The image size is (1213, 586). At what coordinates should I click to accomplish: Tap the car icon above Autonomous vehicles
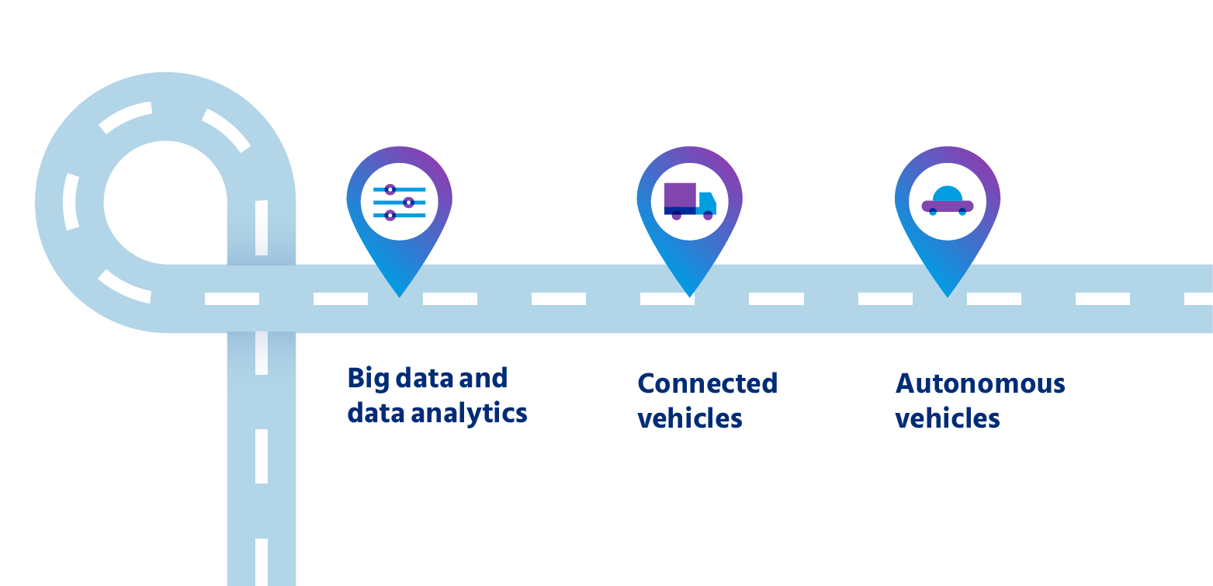(947, 200)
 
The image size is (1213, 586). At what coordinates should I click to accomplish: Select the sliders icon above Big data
(399, 203)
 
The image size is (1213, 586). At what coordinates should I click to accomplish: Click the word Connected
(707, 383)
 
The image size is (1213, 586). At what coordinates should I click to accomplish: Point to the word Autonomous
(980, 383)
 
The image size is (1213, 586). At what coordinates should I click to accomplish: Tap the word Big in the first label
(368, 379)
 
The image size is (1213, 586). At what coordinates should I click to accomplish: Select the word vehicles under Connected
(690, 418)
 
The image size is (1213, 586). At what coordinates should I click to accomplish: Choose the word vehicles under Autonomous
(948, 418)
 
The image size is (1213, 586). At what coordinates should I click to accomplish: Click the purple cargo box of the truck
(680, 196)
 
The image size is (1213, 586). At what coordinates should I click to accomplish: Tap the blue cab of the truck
(707, 203)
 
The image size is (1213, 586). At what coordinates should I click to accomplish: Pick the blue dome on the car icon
(947, 193)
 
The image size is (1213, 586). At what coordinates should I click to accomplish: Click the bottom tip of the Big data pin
(400, 296)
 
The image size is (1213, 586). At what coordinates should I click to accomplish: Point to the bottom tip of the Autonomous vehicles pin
(948, 296)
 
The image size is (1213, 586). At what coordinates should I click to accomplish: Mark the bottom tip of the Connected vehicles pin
(689, 296)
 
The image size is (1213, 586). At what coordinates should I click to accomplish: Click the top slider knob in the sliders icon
(390, 189)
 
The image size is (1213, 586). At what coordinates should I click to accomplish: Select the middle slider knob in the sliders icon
(409, 203)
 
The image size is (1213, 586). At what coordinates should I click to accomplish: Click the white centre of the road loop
(165, 203)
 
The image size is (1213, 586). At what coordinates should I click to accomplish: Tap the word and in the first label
(483, 378)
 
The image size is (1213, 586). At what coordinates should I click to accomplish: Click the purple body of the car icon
(947, 206)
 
